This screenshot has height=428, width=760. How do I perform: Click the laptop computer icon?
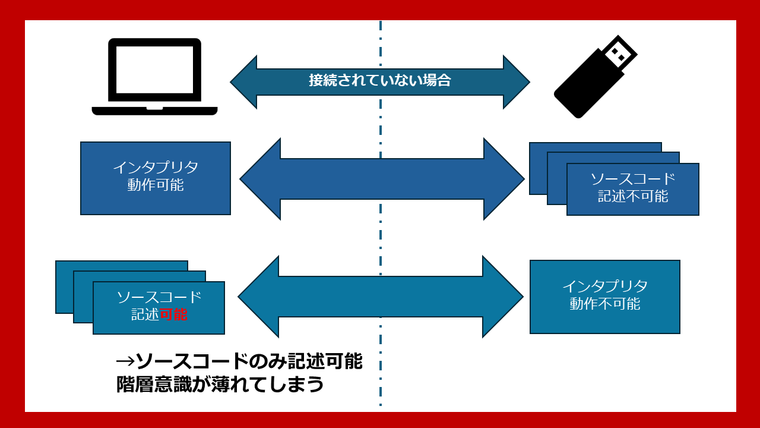[154, 76]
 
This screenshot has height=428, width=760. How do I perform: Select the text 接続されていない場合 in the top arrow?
[380, 80]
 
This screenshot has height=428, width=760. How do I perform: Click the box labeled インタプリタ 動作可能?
[156, 178]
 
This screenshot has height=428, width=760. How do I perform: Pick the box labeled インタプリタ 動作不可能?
[604, 297]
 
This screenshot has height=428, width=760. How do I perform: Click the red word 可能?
[174, 314]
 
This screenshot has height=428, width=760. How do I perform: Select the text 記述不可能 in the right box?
[633, 196]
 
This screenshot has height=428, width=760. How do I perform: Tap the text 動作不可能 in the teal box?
[605, 304]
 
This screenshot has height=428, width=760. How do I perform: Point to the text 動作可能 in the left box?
[156, 185]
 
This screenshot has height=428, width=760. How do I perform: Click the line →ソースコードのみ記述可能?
[239, 361]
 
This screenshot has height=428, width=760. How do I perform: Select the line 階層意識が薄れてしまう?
[220, 384]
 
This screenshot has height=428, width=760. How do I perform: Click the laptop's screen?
[154, 70]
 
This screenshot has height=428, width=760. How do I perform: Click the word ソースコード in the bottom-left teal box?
[159, 297]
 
